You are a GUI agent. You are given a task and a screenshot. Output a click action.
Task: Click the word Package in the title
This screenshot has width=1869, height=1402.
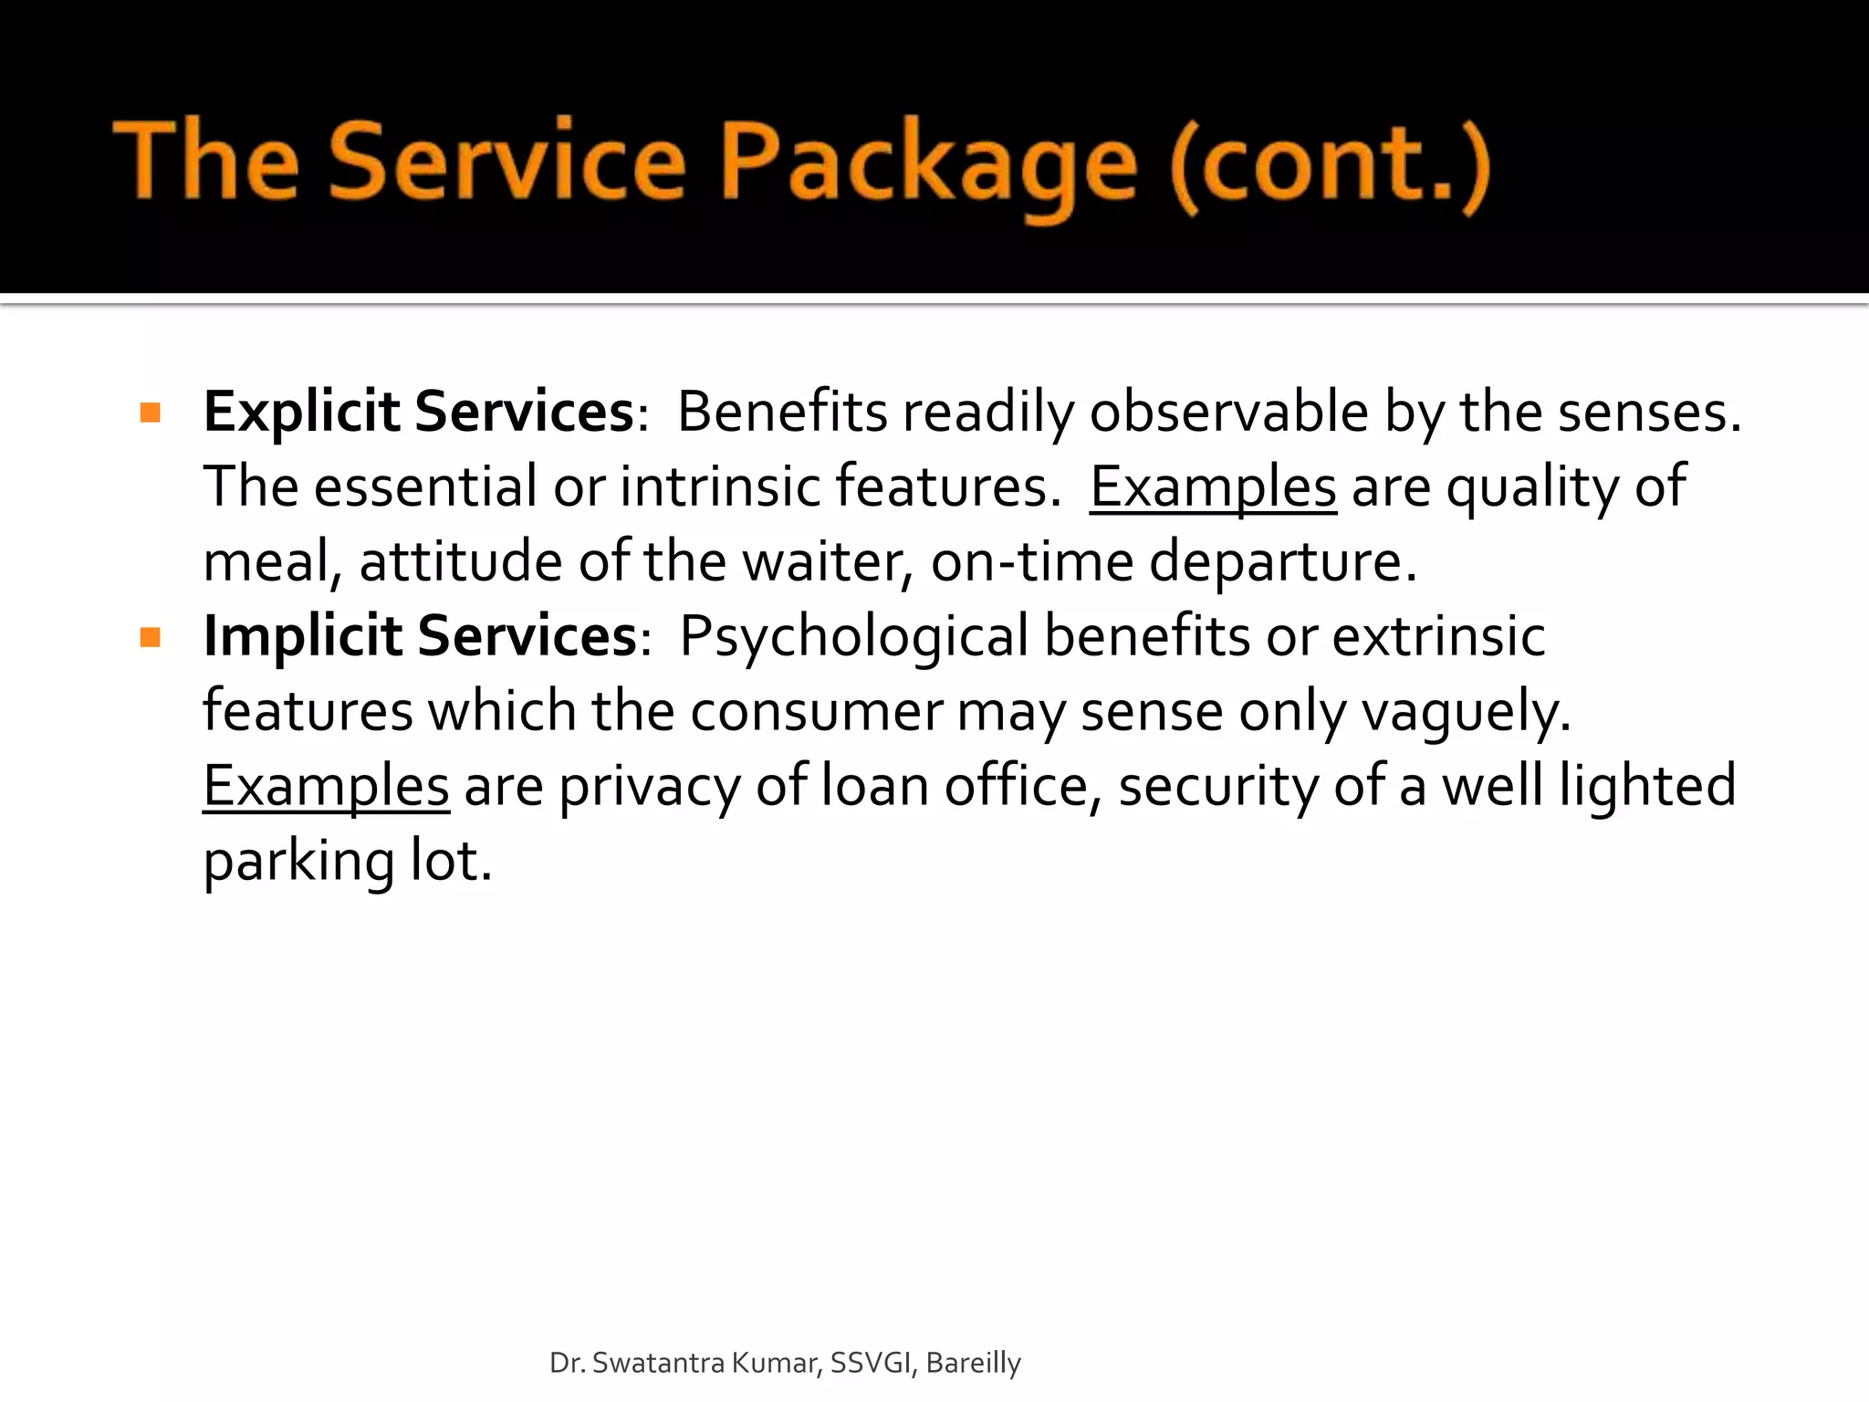(929, 164)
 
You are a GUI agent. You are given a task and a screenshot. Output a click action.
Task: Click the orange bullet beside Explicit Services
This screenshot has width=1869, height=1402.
(151, 413)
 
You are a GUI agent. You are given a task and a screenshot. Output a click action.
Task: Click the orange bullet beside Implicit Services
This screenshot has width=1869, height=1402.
(151, 636)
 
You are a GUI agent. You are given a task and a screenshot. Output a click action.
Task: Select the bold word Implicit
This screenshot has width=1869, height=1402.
(303, 635)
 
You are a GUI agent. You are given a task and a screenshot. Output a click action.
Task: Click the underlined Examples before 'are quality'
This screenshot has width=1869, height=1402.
(1213, 487)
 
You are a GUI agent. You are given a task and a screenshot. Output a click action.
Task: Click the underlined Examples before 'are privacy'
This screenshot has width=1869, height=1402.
(326, 786)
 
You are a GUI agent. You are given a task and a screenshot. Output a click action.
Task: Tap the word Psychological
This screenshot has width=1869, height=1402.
(854, 636)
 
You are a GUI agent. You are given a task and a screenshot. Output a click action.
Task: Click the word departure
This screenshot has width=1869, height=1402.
(1282, 561)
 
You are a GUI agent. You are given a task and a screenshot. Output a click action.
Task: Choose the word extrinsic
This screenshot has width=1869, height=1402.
(1438, 636)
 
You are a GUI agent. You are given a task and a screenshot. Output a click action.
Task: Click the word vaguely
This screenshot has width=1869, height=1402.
(1466, 711)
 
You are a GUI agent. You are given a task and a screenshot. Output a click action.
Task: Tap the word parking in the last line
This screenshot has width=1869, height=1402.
(298, 862)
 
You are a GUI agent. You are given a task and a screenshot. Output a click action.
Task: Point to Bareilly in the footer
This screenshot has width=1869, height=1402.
(973, 1363)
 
